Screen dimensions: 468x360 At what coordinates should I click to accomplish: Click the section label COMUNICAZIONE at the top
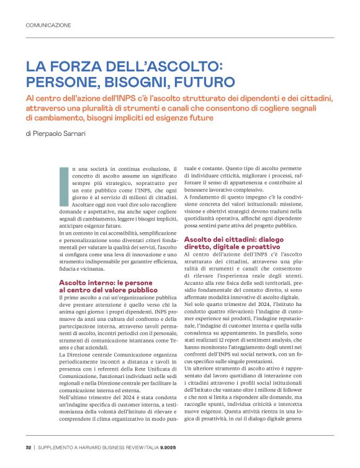(48, 25)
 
